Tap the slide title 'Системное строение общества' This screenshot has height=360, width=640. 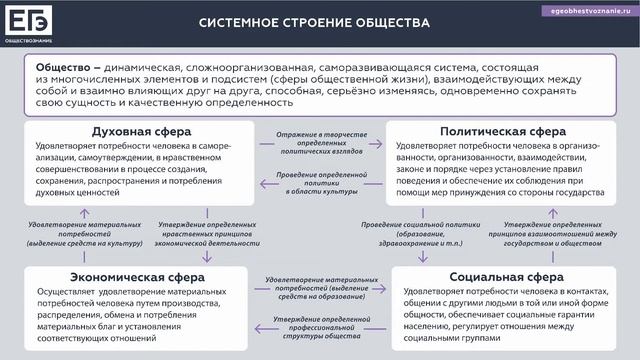coord(300,21)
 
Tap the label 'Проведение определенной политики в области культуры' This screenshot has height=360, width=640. coord(318,186)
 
